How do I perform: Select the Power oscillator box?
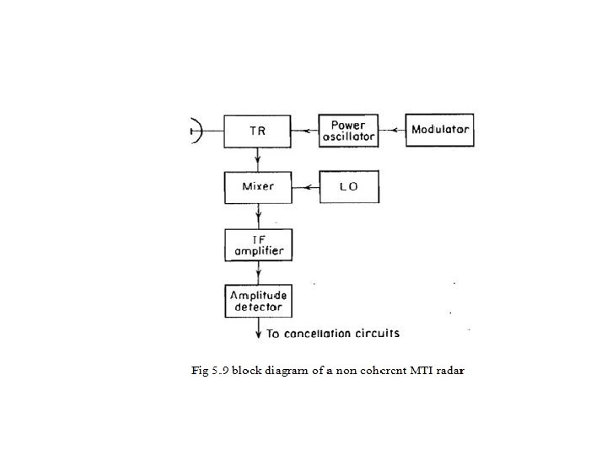[347, 131]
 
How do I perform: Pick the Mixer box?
[257, 186]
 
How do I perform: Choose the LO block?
[349, 186]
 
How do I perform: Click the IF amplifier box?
[258, 244]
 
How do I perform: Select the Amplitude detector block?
[258, 301]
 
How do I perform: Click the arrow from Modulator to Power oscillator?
[390, 131]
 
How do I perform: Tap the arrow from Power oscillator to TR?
[304, 131]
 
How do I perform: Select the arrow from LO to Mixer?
[304, 186]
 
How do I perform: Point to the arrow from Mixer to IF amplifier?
[258, 216]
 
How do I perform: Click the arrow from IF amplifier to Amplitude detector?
[258, 272]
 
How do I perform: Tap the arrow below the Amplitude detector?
[258, 329]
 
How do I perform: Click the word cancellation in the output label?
[318, 334]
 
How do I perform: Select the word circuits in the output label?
[379, 334]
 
